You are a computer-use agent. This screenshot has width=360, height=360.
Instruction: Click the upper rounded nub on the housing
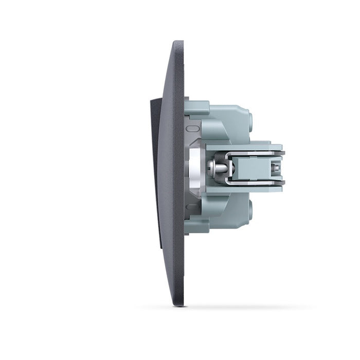point(250,120)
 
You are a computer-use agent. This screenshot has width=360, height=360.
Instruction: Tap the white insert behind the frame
point(196,167)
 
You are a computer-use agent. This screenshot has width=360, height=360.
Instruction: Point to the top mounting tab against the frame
point(197,107)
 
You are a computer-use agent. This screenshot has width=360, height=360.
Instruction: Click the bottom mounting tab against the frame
point(197,227)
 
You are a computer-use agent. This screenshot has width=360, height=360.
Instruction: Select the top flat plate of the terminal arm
point(244,147)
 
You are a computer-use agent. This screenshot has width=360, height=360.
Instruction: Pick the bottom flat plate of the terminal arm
point(244,189)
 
